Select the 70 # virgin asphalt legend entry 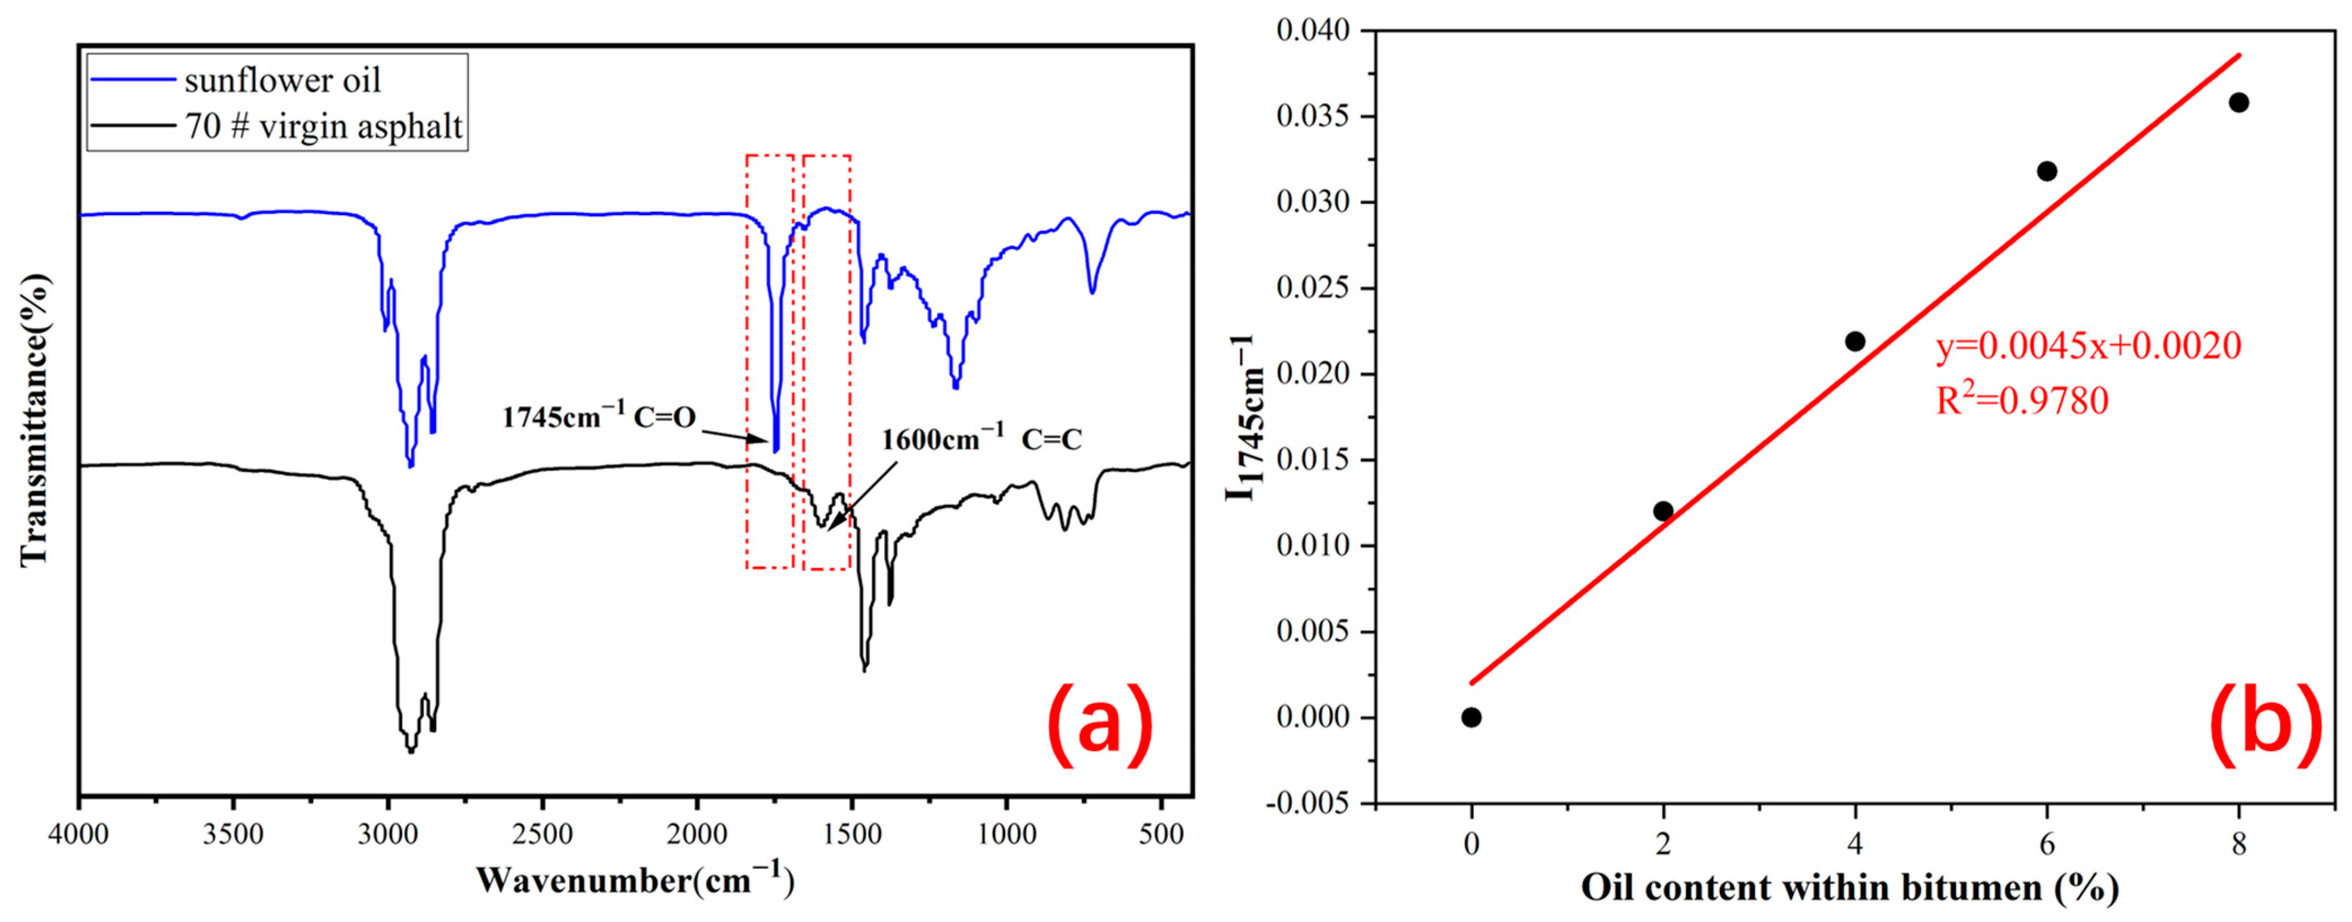point(323,125)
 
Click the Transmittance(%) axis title point(34,420)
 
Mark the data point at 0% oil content point(1471,718)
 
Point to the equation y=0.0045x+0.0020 point(2088,346)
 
